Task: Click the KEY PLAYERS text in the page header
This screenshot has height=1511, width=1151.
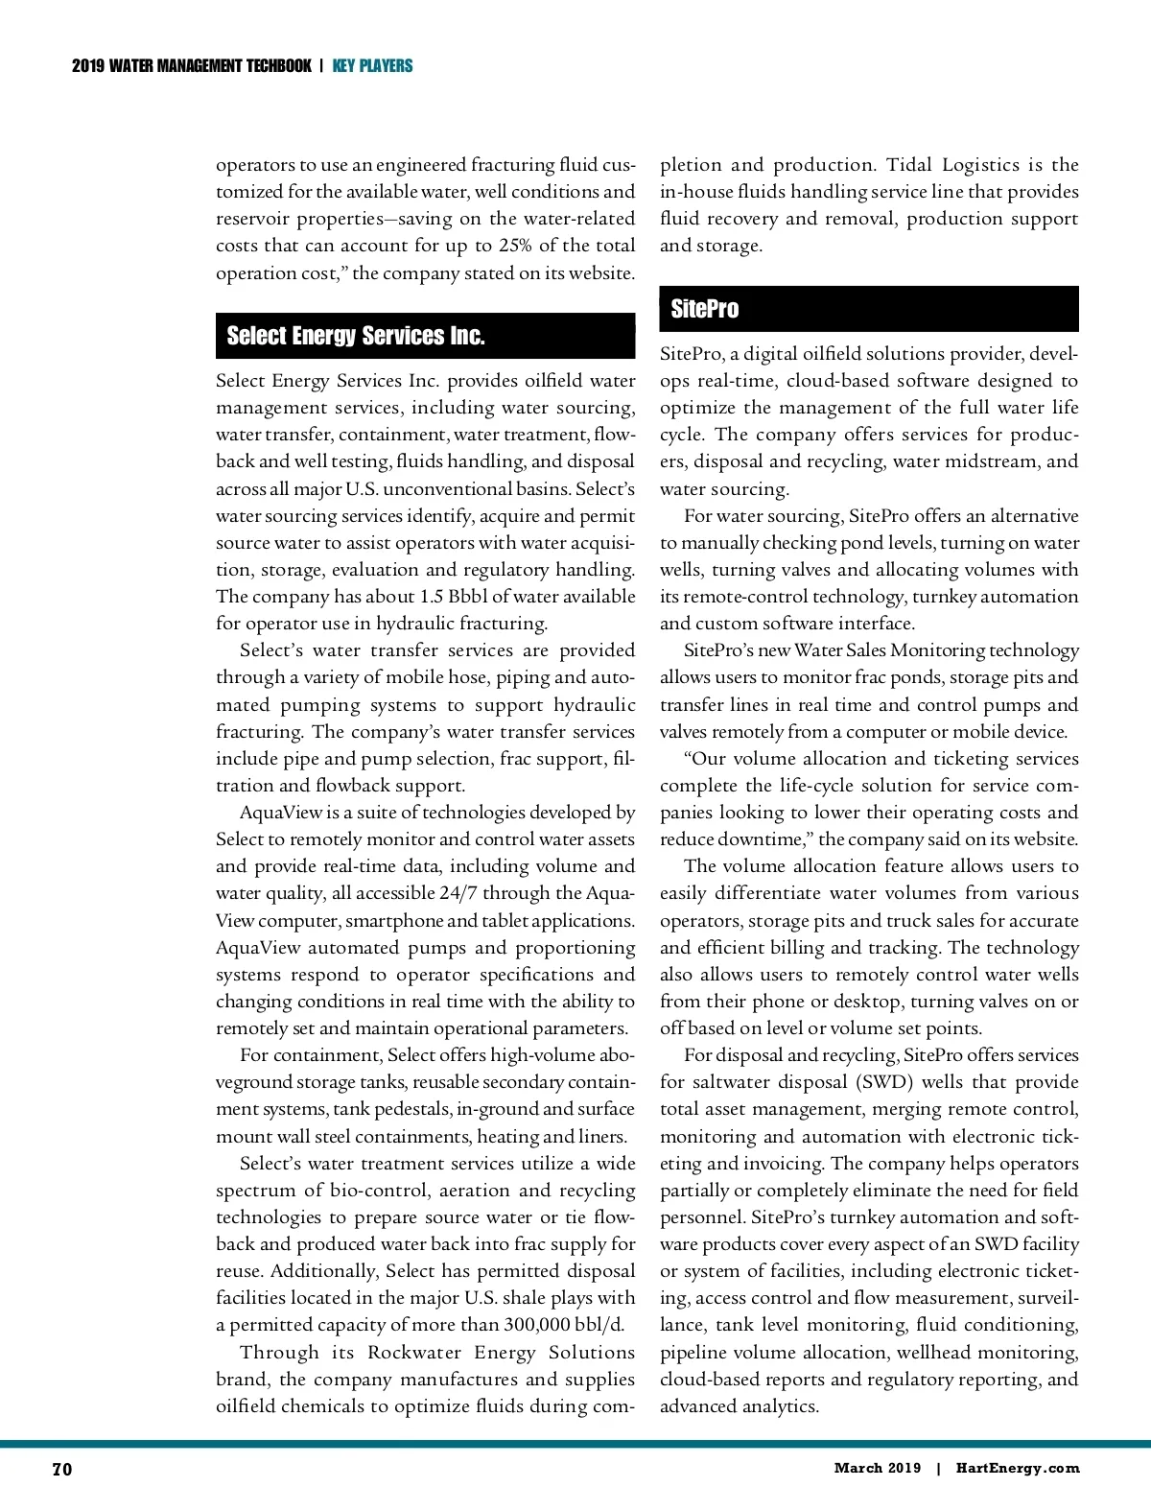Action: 372,66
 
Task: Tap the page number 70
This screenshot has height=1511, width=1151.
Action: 61,1470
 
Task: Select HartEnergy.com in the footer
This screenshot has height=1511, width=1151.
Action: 1018,1468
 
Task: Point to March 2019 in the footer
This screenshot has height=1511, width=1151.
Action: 877,1468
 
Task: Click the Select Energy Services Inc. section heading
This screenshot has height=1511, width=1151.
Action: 356,336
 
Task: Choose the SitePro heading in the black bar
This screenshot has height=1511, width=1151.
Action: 705,309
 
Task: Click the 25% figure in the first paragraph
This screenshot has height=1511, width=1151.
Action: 515,246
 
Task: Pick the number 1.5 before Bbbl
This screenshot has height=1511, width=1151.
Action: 431,597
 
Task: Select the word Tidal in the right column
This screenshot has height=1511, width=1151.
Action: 907,165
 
